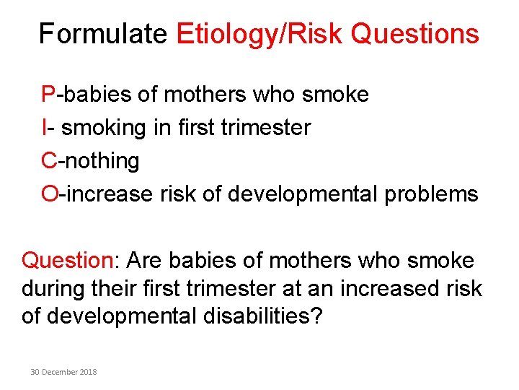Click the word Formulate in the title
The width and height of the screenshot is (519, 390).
(x=103, y=34)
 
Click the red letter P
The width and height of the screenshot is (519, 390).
(x=48, y=95)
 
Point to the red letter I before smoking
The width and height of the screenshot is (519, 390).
(x=45, y=128)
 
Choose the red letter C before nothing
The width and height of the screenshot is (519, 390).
(x=49, y=161)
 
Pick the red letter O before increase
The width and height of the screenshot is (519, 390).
(x=50, y=194)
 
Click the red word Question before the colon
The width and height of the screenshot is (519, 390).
(x=63, y=261)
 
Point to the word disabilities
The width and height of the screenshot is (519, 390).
(x=255, y=316)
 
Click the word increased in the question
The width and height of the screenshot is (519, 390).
(x=389, y=288)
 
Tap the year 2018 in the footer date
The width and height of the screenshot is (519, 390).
(x=88, y=372)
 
